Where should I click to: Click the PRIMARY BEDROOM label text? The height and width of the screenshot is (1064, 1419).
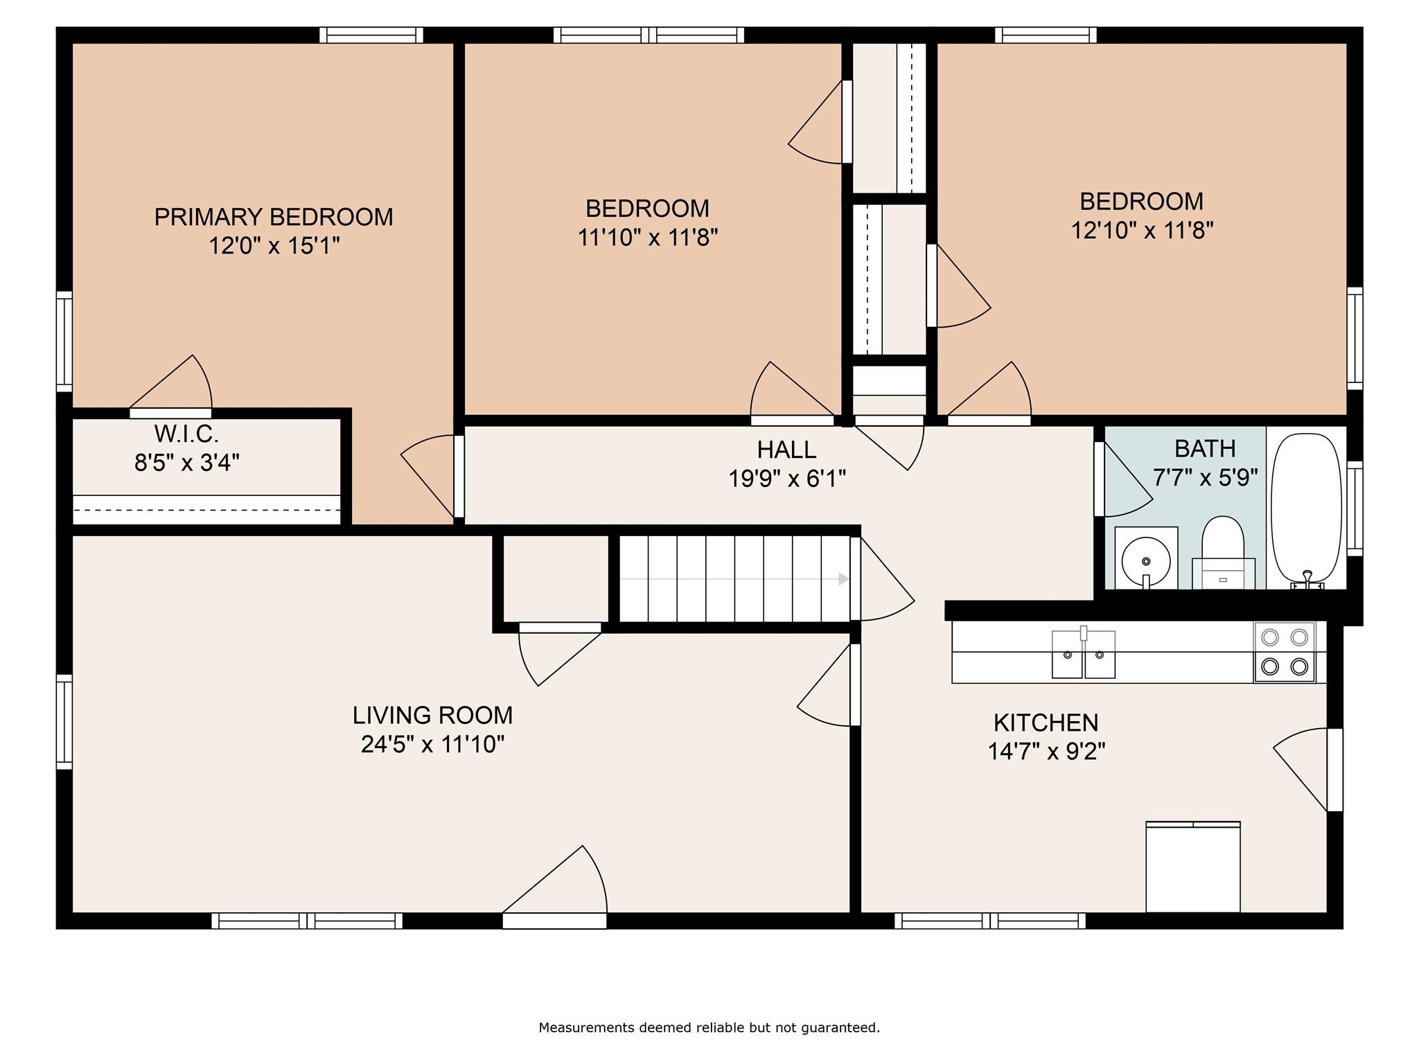[273, 217]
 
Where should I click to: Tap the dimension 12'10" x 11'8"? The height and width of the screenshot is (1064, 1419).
[1143, 230]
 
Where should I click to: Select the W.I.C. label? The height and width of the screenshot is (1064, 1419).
[186, 434]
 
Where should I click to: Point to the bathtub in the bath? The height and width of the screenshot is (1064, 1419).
[1306, 510]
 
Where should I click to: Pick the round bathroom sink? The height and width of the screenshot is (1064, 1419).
[1146, 558]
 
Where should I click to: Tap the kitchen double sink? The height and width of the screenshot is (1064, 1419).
[1084, 653]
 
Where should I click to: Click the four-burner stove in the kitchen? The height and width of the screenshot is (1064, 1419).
[1285, 652]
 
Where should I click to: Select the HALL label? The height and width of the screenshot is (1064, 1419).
[786, 450]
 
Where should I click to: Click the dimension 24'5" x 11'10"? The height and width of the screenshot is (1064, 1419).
[432, 744]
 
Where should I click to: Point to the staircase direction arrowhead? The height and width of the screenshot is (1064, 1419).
[844, 578]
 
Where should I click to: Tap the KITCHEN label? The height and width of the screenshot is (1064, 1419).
[1046, 722]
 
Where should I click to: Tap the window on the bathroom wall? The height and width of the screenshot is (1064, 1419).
[1355, 508]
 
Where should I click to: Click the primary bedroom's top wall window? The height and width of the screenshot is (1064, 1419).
[371, 35]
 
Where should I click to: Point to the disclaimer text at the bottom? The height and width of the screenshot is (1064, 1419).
[709, 1027]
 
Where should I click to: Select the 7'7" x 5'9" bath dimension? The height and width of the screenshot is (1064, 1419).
[1205, 477]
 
